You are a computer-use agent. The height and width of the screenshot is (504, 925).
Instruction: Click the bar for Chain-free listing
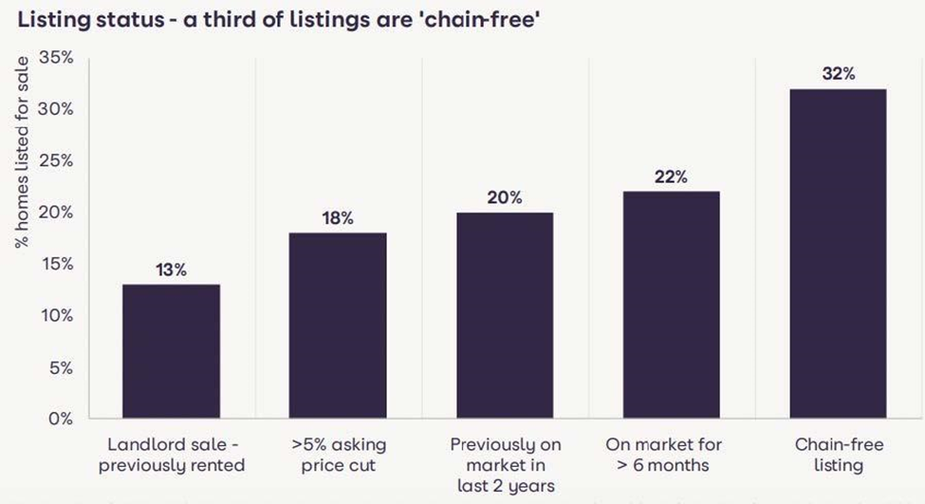tap(838, 253)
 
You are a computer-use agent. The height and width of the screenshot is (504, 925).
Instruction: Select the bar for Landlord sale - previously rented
tap(171, 351)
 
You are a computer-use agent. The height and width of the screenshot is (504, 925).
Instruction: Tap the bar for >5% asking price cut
tap(338, 326)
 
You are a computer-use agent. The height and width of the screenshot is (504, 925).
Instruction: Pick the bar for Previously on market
tap(505, 315)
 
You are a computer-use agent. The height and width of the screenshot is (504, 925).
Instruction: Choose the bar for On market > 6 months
tap(671, 305)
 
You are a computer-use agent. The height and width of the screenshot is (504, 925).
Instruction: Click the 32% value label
tap(838, 74)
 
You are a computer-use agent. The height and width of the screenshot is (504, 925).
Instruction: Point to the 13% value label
tap(171, 270)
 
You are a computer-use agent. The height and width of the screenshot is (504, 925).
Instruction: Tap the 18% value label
tap(338, 218)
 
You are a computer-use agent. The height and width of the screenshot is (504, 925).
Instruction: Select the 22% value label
tap(671, 177)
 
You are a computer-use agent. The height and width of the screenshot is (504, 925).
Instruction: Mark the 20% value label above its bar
tap(505, 197)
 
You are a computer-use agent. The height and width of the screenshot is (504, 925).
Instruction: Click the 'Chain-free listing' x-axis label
tap(838, 455)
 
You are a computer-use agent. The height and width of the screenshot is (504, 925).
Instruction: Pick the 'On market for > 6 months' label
tap(671, 455)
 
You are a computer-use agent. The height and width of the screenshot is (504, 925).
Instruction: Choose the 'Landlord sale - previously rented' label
tap(171, 455)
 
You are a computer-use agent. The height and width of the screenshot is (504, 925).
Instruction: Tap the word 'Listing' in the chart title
tap(45, 21)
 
